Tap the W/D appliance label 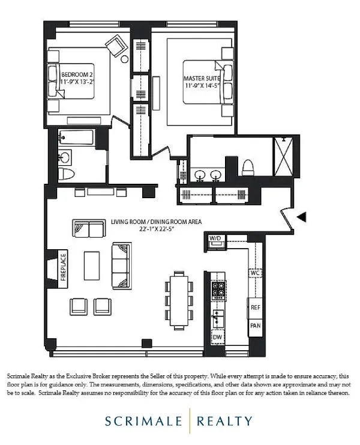[x=215, y=238]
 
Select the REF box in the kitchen [x=255, y=306]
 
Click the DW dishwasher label [x=217, y=338]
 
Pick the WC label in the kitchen [x=255, y=273]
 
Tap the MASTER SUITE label [x=202, y=79]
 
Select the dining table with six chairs [x=178, y=297]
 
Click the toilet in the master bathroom [x=248, y=168]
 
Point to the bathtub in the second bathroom [x=76, y=138]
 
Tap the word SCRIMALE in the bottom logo [x=146, y=421]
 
